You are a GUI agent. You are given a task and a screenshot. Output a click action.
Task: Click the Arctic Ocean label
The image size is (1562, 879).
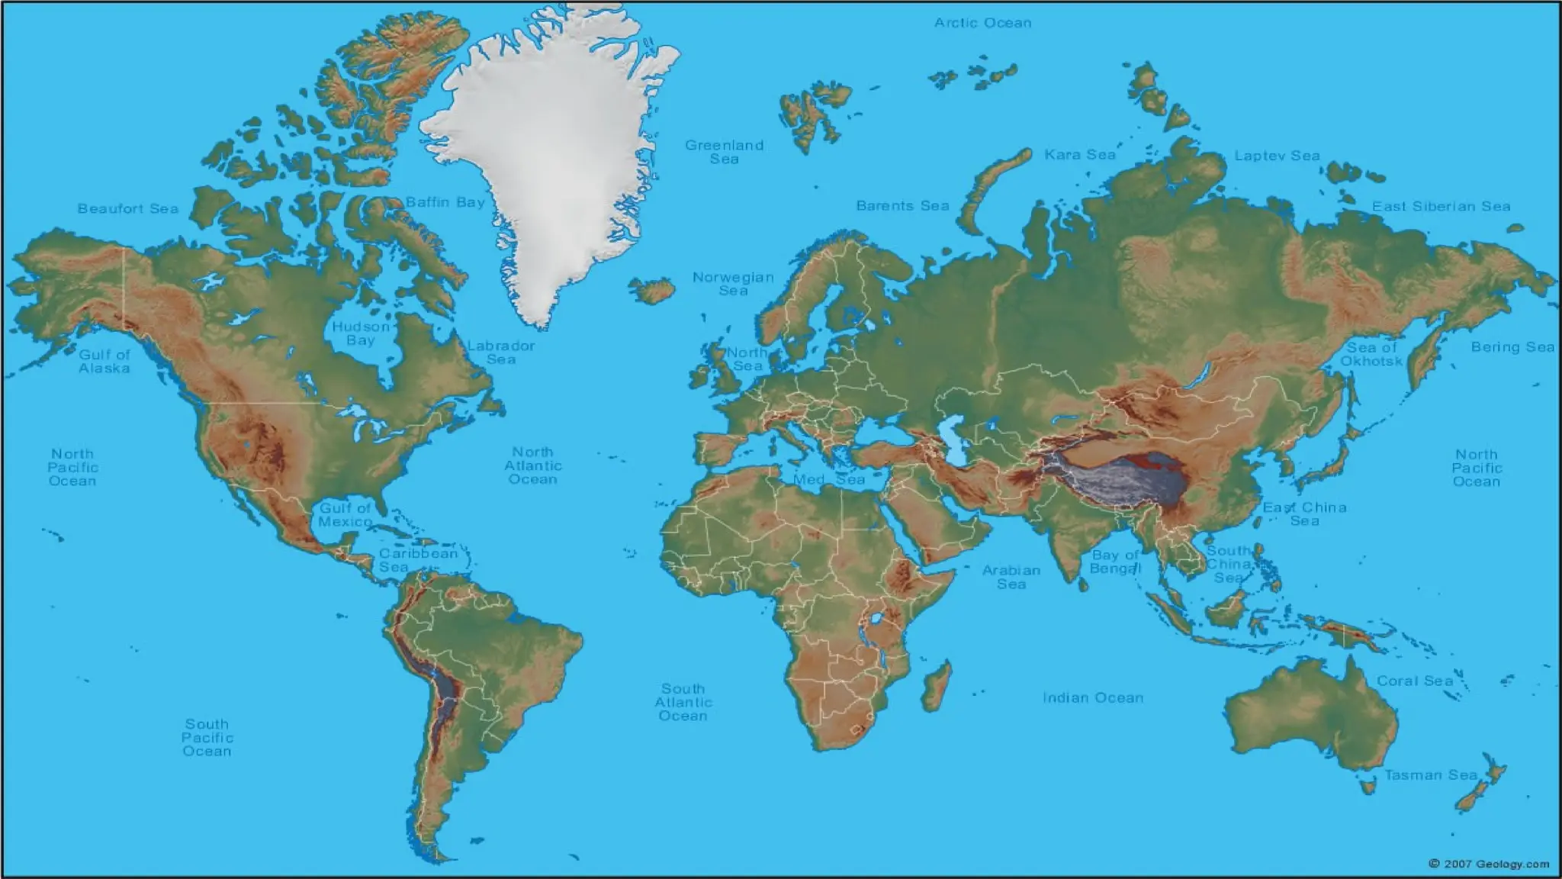982,23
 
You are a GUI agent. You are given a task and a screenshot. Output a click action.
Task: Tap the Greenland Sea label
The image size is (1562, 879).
724,152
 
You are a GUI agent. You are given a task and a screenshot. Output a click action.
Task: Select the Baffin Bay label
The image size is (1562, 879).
445,202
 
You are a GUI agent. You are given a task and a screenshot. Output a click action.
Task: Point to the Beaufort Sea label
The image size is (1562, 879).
127,208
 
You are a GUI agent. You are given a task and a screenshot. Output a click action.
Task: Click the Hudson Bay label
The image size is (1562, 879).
361,333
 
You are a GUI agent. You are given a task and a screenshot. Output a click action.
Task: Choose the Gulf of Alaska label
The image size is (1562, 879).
104,362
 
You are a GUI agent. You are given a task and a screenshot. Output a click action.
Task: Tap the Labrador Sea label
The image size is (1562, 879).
501,353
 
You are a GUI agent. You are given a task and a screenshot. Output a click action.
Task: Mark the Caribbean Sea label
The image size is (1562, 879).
418,560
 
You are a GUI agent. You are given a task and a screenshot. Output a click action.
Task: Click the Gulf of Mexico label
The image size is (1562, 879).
345,515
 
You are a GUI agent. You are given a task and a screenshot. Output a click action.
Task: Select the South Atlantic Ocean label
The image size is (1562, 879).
683,702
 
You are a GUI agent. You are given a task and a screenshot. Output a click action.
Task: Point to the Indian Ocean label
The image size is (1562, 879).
1093,697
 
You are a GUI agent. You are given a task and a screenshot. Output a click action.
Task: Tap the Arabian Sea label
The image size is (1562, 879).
1011,577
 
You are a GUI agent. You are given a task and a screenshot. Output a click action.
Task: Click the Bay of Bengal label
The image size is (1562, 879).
1115,562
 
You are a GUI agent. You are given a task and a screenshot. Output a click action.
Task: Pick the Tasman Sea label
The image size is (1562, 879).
1431,775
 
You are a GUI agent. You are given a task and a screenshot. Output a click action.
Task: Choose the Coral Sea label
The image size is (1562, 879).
1415,681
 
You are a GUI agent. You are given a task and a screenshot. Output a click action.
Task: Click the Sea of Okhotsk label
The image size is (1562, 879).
1371,354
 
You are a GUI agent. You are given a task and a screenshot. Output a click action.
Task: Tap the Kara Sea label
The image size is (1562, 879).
1080,155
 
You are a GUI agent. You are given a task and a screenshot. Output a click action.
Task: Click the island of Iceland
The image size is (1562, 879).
652,290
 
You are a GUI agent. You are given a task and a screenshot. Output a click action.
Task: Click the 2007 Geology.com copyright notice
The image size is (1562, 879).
1488,864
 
